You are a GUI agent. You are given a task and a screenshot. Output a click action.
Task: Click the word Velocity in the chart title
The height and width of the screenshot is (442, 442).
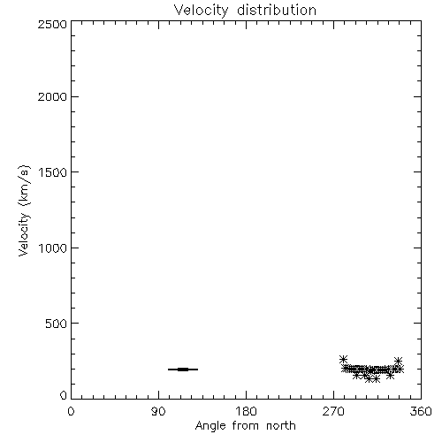click(201, 11)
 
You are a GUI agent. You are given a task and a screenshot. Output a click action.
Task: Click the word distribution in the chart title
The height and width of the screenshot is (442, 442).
click(277, 10)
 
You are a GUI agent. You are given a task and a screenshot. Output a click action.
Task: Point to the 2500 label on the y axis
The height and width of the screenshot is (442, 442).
click(52, 24)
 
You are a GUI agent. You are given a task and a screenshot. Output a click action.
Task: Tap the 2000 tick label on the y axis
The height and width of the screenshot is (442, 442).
click(52, 97)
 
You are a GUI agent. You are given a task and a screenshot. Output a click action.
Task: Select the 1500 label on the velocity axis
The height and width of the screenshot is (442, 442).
click(53, 172)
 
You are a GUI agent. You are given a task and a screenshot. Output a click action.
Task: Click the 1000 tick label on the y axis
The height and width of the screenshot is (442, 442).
click(53, 248)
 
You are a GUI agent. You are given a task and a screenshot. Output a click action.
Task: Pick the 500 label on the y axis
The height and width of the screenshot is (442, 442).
click(57, 324)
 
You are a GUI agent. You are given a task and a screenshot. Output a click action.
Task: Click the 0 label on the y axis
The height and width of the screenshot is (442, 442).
click(64, 395)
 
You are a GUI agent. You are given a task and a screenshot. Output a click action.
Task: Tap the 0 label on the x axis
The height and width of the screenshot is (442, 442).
click(71, 411)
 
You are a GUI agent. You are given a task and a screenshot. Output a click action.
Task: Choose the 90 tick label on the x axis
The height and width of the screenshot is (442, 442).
click(158, 411)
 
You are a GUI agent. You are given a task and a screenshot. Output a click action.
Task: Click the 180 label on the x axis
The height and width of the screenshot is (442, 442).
click(246, 411)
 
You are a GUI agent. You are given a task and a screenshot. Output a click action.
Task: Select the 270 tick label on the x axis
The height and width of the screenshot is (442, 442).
click(333, 411)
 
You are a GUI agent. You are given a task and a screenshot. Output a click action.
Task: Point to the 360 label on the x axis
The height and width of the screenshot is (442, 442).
click(421, 411)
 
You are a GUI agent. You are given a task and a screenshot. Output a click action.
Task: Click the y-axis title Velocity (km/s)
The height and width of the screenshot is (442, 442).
click(24, 210)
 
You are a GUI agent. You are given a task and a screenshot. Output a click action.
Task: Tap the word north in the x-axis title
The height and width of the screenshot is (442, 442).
click(281, 426)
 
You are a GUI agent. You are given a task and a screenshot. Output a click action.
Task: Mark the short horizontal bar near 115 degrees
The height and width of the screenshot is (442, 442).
click(183, 370)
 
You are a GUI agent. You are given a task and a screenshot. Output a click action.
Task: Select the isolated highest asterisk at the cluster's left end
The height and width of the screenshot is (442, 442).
click(343, 359)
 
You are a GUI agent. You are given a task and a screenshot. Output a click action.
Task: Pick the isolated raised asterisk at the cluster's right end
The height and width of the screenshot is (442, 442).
click(398, 361)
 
